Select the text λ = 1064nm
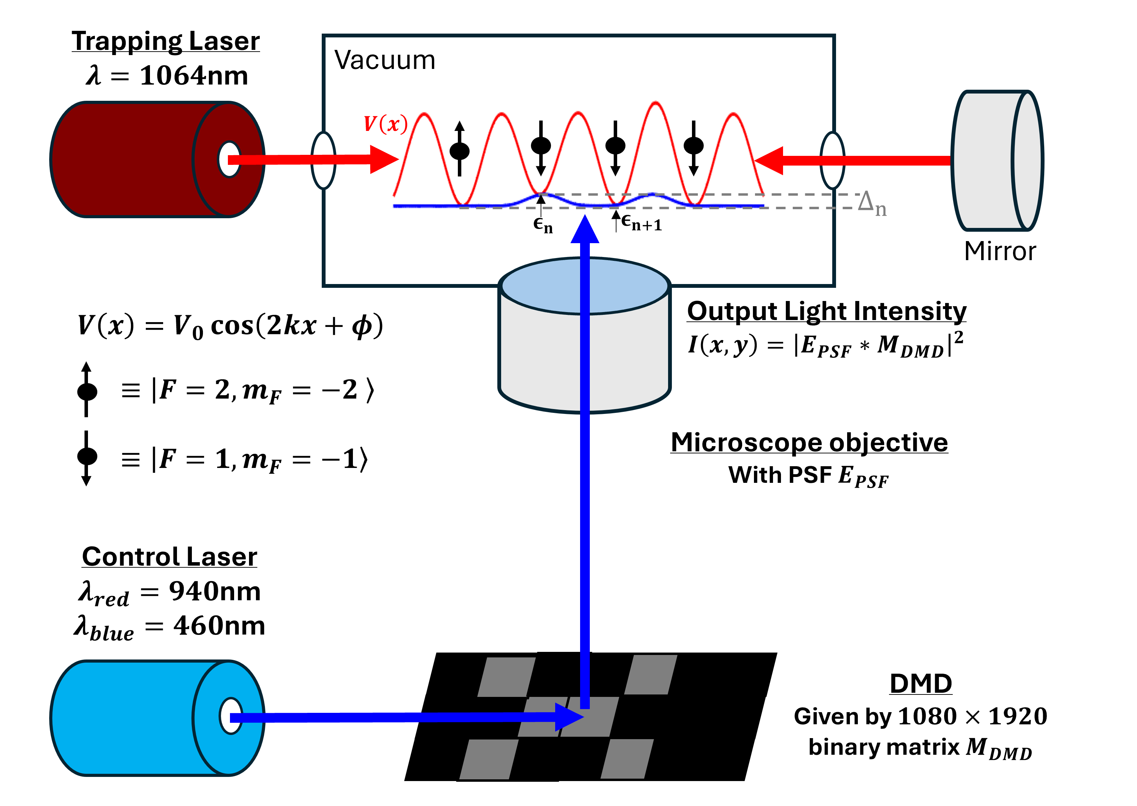pyautogui.click(x=167, y=76)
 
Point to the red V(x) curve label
pyautogui.click(x=385, y=124)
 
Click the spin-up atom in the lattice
pyautogui.click(x=460, y=150)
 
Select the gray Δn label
pyautogui.click(x=871, y=203)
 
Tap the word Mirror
pyautogui.click(x=1000, y=251)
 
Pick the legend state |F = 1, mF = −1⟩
pyautogui.click(x=245, y=459)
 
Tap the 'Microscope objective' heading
pyautogui.click(x=809, y=442)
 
